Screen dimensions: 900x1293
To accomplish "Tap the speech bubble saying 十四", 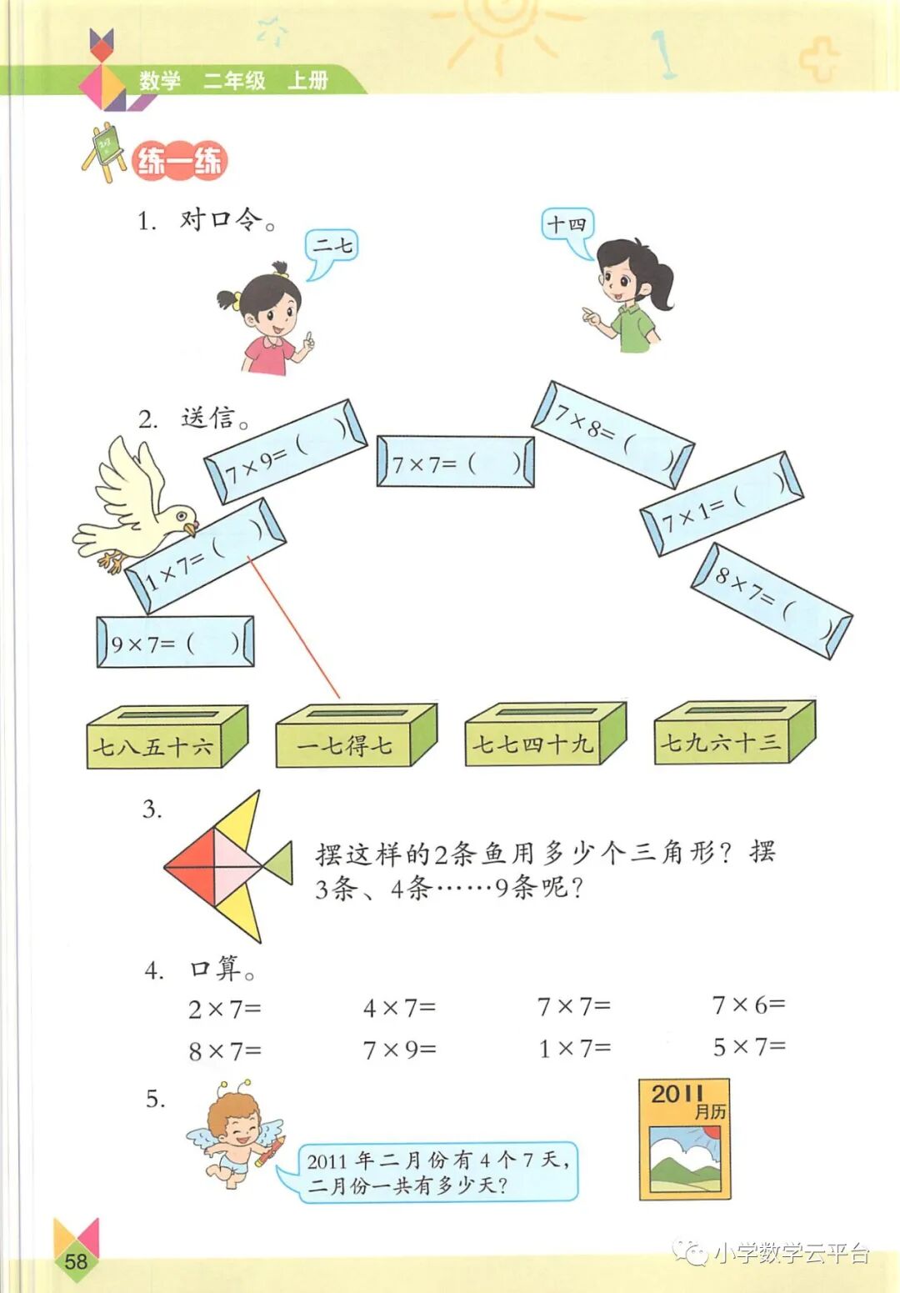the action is pos(567,225).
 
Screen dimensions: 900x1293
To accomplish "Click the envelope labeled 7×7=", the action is pos(455,462).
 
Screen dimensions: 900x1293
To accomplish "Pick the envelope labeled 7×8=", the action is pos(613,434).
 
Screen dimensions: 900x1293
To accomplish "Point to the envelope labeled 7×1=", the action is pos(721,504).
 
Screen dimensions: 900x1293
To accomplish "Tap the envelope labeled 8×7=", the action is pos(771,600).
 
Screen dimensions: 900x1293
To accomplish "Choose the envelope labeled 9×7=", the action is pos(175,642).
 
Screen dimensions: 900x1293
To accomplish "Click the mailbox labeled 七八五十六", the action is pos(166,737).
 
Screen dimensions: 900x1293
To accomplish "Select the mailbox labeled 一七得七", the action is pos(355,737).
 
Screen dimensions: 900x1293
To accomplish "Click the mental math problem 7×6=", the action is pos(747,1005).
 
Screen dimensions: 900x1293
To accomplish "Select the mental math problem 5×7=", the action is pos(748,1047).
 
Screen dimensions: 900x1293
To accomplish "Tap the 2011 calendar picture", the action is pos(685,1140).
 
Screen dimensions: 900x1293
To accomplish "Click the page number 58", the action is pos(76,1260).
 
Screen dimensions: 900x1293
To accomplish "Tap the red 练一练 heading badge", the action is pos(179,161).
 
